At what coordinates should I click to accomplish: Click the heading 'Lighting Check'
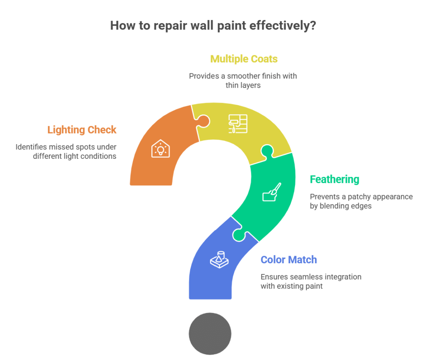(82, 130)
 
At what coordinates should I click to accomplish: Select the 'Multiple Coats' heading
(244, 59)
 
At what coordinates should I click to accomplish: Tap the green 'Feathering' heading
(334, 180)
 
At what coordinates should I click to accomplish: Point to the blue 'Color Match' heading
(289, 259)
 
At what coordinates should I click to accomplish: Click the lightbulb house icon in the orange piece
(160, 149)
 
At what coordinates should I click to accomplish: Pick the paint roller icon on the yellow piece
(238, 124)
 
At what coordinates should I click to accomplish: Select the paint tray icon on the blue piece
(219, 259)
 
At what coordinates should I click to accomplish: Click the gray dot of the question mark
(210, 334)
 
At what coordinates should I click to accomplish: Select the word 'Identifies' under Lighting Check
(31, 147)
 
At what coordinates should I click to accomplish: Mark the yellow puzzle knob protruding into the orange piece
(204, 121)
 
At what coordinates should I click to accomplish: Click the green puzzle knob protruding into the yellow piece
(267, 151)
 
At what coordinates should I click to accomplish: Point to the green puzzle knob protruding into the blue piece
(239, 235)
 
